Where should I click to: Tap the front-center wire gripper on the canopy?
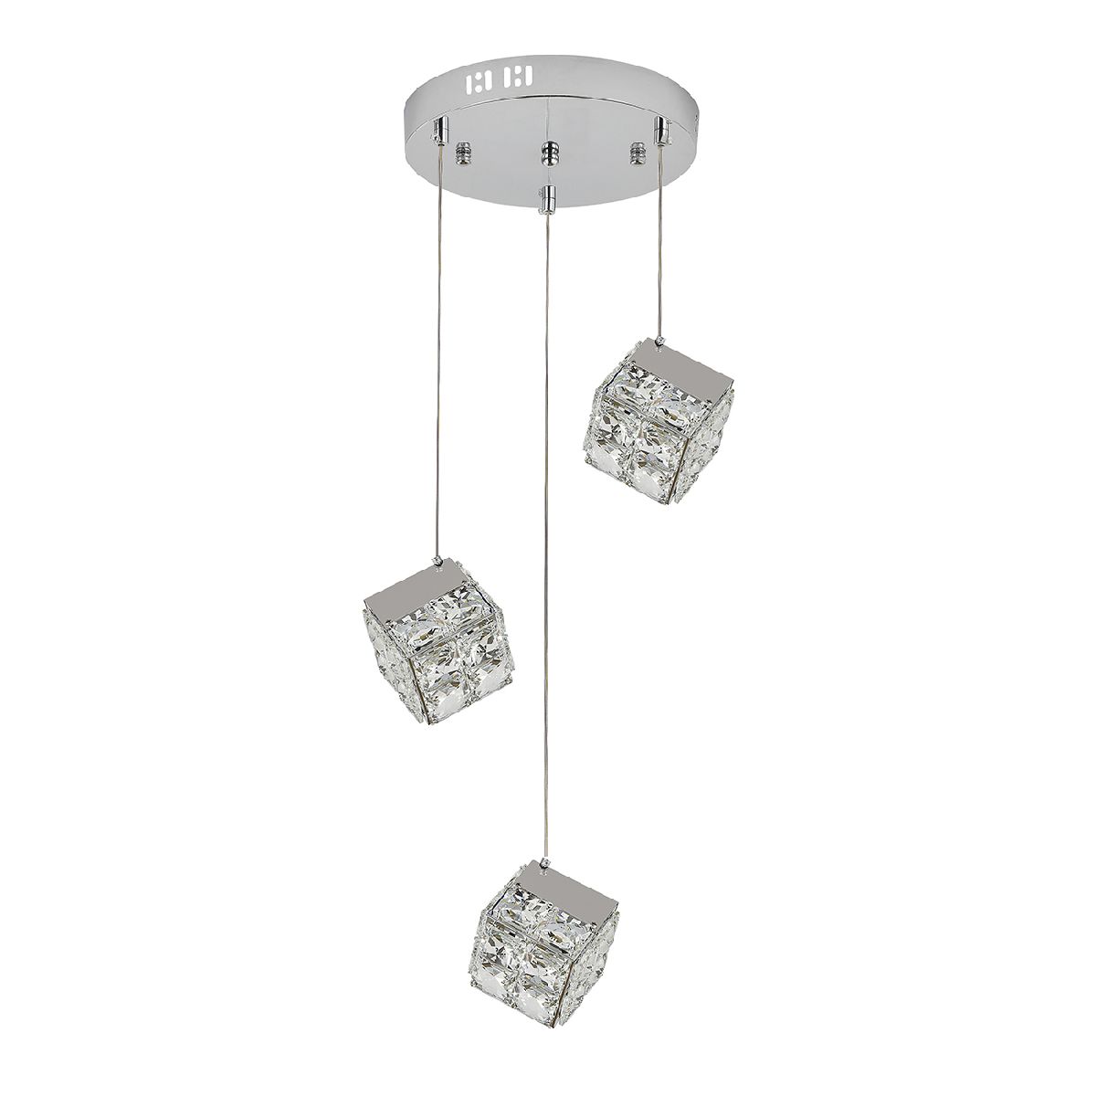tap(548, 195)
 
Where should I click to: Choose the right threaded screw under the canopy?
tap(636, 149)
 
